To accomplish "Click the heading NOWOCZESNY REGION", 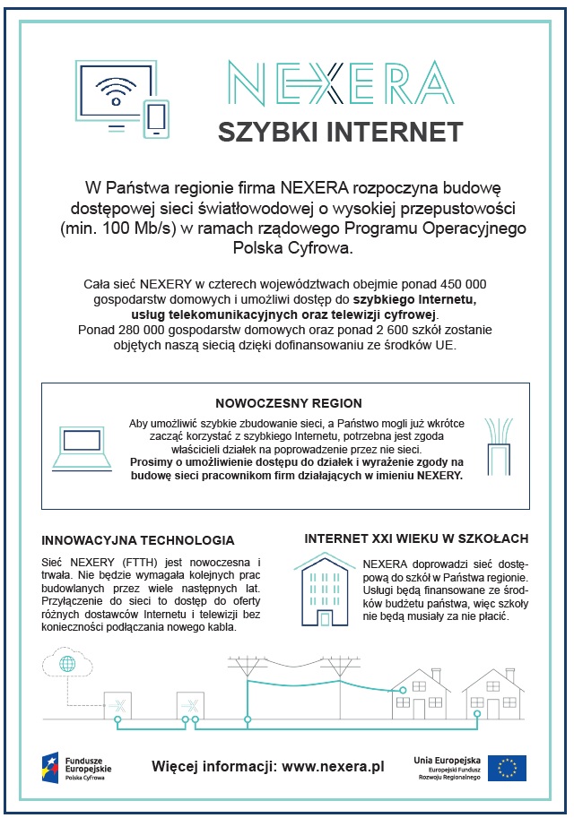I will point(289,403).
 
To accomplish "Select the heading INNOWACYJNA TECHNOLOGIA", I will point(138,540).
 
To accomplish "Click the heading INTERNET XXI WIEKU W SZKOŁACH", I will point(416,538).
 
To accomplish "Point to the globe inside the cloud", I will point(67,664).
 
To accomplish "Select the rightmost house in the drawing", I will point(492,693).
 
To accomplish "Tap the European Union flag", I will point(508,768).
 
